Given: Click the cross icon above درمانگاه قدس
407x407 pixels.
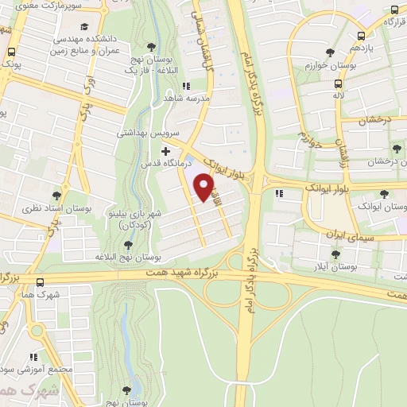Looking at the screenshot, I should (x=165, y=151).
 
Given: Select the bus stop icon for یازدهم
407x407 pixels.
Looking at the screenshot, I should (x=362, y=36).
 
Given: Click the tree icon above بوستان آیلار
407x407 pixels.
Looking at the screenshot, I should (x=335, y=254).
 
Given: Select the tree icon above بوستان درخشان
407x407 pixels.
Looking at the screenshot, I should (x=397, y=149).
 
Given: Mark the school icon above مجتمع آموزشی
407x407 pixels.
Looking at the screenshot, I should (x=33, y=358).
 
